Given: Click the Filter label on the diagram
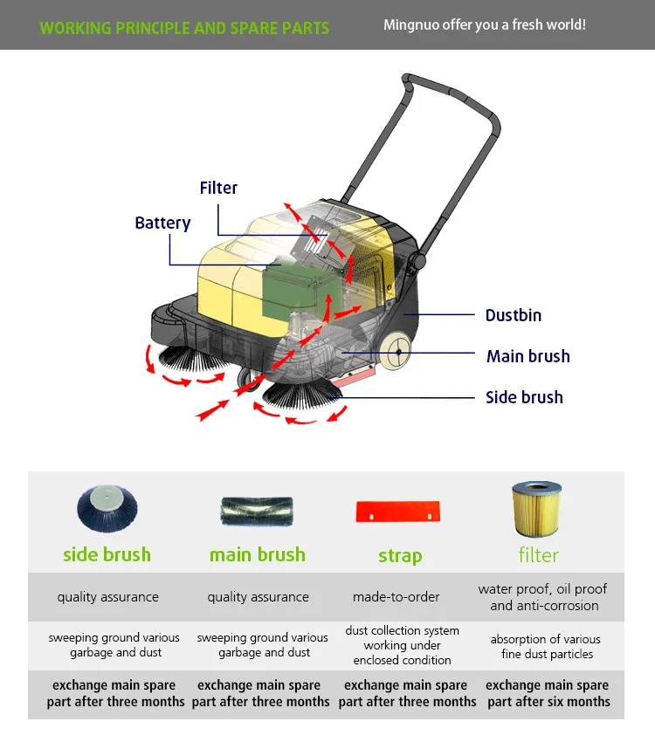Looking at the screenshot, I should [218, 188].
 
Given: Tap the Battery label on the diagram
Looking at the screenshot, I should [162, 223].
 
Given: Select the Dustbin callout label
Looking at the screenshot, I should [514, 315].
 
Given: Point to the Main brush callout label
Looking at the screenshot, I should [527, 356].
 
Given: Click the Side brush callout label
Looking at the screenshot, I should [524, 397].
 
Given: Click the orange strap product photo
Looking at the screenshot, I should [401, 511].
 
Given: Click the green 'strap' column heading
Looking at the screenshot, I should [400, 556].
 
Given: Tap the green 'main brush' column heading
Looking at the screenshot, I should [258, 554].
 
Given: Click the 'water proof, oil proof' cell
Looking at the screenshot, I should [543, 597].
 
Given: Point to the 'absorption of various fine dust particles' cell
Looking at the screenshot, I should [547, 647].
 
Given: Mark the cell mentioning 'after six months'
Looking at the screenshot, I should [548, 694].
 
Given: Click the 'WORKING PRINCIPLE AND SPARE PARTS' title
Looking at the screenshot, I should [184, 28].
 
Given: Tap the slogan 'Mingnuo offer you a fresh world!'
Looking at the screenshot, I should [485, 24].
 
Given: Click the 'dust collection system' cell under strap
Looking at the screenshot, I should [402, 645].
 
